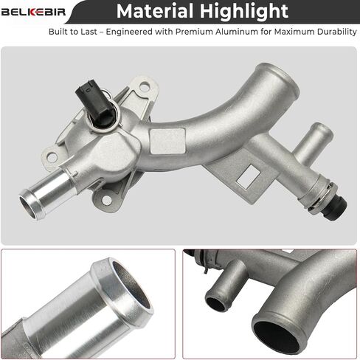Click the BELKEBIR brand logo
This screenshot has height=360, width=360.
click(33, 12)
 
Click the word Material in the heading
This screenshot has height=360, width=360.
click(155, 11)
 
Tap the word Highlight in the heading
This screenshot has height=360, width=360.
click(244, 12)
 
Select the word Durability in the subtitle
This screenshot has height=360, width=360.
click(337, 32)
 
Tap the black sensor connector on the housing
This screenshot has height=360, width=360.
click(95, 103)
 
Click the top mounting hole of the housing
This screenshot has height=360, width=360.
click(145, 86)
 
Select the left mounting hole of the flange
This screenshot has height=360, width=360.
click(52, 156)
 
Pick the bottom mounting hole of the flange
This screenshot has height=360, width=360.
click(107, 200)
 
